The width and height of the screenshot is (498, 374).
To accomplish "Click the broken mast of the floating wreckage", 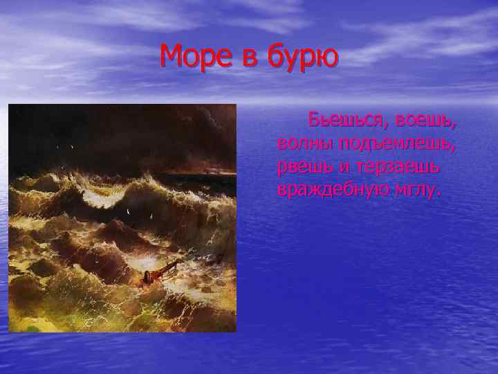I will pyautogui.click(x=166, y=265).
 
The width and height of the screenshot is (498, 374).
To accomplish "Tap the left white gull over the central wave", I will pyautogui.click(x=129, y=207).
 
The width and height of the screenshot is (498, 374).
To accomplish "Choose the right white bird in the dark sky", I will pyautogui.click(x=72, y=148).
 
